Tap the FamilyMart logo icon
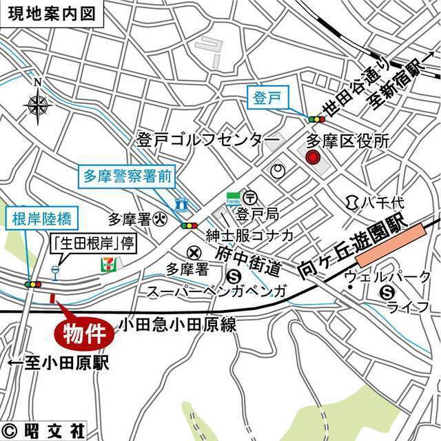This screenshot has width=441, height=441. pyautogui.click(x=234, y=198)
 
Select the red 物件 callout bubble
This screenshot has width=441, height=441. pyautogui.click(x=83, y=334)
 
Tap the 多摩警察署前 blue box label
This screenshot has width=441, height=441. pyautogui.click(x=125, y=175)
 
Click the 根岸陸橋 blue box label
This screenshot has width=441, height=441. pyautogui.click(x=42, y=220)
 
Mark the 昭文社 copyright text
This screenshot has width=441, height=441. pyautogui.click(x=43, y=432)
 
